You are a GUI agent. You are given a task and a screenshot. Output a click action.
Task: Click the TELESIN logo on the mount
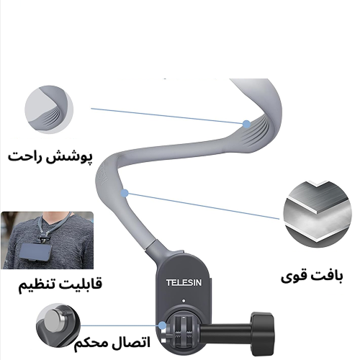(184, 282)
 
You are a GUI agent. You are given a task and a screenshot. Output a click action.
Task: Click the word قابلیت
(79, 284)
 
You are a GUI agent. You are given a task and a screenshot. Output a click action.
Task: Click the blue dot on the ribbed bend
(246, 124)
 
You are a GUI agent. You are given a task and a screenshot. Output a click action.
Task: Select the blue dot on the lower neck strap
(125, 193)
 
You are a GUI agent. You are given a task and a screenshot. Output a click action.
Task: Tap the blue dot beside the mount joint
(163, 325)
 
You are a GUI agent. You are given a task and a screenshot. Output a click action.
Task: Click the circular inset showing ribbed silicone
(49, 109)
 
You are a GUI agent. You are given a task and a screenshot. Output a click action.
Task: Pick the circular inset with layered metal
(318, 215)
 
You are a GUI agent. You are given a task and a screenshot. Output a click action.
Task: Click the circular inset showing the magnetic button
(58, 325)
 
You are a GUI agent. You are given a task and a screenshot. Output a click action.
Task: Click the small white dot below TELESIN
(184, 301)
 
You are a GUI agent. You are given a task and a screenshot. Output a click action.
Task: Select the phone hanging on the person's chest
(35, 252)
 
